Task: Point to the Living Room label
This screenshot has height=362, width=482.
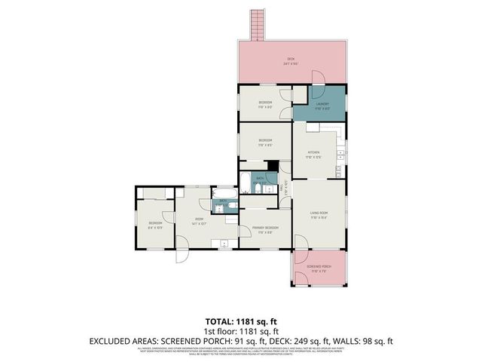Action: point(319,215)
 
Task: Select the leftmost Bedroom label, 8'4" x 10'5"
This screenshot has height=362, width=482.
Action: point(155,225)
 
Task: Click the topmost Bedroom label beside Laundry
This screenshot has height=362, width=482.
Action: point(265,104)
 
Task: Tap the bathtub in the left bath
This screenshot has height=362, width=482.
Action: point(218,204)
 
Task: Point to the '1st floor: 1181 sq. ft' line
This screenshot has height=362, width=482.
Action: point(241,331)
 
